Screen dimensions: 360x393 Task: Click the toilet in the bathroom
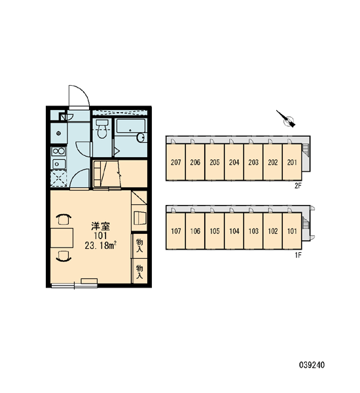[102, 128]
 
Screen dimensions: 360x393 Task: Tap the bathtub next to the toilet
[131, 130]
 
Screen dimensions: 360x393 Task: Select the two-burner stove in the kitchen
[59, 151]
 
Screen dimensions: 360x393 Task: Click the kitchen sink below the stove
[59, 164]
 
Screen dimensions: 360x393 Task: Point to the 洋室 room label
[100, 226]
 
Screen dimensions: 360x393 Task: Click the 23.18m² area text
[100, 246]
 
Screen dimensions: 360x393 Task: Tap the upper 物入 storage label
[139, 246]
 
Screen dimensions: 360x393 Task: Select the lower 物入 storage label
[139, 272]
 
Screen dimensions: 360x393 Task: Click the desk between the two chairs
[62, 238]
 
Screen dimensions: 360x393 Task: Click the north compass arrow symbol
[285, 119]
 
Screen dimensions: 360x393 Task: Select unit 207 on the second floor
[175, 162]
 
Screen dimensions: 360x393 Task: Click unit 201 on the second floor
[292, 162]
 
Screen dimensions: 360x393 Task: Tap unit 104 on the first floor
[234, 231]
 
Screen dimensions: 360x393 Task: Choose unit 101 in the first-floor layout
[292, 231]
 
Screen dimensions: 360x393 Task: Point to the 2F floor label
[298, 186]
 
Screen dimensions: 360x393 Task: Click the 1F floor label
[298, 255]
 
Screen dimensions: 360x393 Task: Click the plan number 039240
[312, 365]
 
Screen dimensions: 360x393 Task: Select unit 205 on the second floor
[215, 162]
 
